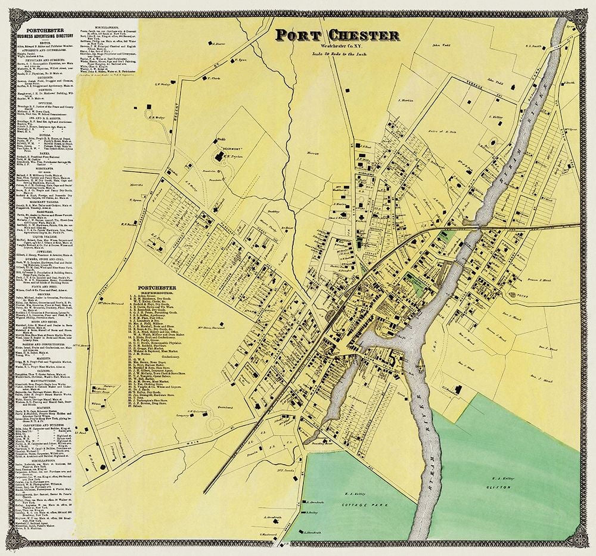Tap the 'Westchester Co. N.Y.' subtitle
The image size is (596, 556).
point(338,46)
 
